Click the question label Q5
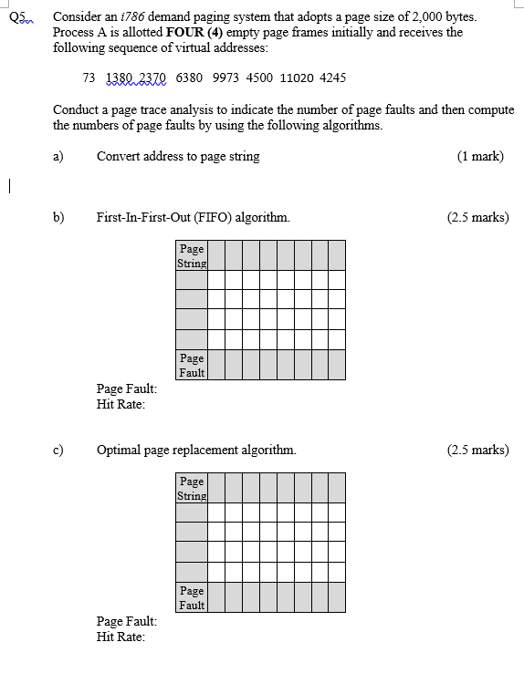click(x=16, y=17)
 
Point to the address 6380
click(x=189, y=78)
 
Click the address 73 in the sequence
click(x=89, y=78)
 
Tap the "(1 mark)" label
click(x=480, y=156)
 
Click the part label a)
click(x=58, y=156)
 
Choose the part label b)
click(x=58, y=217)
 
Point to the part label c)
click(x=58, y=450)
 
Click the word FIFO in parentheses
click(x=246, y=217)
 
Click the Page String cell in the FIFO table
click(x=192, y=255)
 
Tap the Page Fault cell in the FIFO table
click(x=192, y=365)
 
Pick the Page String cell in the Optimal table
click(x=192, y=488)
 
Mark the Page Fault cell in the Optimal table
click(x=192, y=597)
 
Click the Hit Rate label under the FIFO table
click(x=121, y=404)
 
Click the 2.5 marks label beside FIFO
click(x=477, y=217)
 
